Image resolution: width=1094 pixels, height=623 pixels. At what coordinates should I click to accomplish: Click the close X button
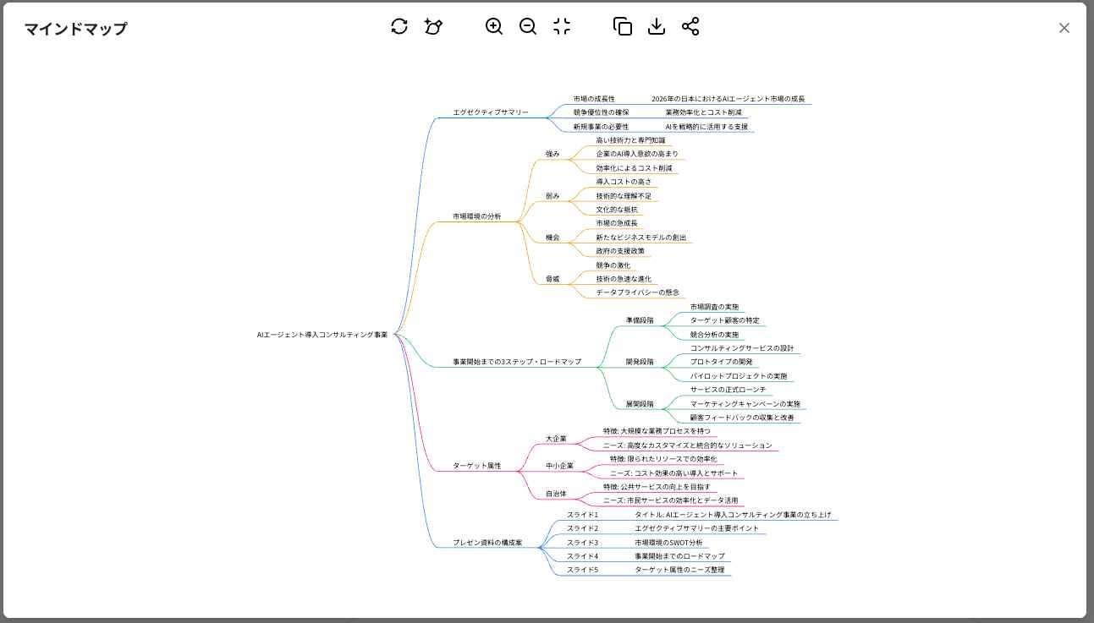[1064, 28]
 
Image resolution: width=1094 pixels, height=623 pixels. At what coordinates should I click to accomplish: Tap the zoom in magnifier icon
[494, 26]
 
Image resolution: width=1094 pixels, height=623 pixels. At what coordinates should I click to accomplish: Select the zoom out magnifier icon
[528, 26]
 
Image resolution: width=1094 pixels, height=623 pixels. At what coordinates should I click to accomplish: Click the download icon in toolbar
[657, 26]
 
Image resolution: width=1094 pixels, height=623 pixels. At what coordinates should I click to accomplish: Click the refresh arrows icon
[399, 26]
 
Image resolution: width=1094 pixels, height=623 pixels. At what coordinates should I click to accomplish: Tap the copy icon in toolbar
[623, 26]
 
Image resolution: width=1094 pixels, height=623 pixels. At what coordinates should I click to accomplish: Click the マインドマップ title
[75, 29]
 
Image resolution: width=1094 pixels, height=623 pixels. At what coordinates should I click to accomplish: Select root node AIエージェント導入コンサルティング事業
[322, 335]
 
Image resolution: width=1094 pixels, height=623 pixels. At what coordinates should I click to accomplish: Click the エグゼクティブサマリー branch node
[490, 112]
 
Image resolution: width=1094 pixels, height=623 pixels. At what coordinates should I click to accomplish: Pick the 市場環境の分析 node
[476, 216]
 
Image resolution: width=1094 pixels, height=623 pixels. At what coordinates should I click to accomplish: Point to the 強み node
[552, 154]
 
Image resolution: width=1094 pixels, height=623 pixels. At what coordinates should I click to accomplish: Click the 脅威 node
[552, 279]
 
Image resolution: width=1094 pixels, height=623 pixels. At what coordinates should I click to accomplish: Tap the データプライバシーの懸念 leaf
[637, 292]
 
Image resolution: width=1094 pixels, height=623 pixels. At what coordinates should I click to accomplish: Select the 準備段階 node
[640, 320]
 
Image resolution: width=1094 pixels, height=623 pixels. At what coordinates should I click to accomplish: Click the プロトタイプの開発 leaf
[721, 362]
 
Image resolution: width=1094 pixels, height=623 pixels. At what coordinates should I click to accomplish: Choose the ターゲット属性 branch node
[476, 466]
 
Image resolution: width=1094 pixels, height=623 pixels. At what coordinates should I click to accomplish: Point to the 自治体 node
[556, 494]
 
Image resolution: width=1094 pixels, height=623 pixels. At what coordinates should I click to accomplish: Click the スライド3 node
[582, 543]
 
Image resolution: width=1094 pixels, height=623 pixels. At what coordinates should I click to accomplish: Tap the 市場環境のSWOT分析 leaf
[668, 543]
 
